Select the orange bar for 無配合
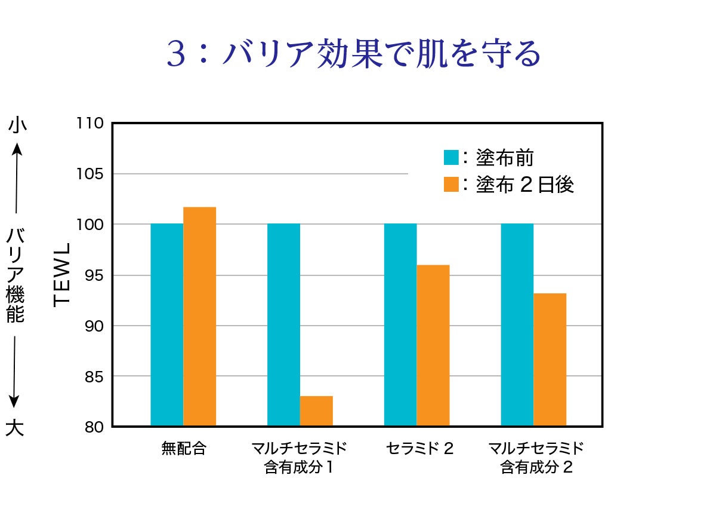pos(199,317)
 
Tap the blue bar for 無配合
pos(166,325)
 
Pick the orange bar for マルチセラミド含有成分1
pos(316,411)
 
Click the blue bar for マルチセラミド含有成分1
pos(283,325)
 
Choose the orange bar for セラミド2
pos(433,345)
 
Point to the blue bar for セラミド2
pos(400,325)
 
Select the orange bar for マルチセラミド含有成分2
pos(550,360)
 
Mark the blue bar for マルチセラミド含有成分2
pos(517,325)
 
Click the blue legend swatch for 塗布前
pos(451,158)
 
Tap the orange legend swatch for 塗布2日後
pos(451,185)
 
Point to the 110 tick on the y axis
pos(91,124)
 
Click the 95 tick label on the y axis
pos(94,275)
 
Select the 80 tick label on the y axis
pos(94,427)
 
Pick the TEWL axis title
pos(62,275)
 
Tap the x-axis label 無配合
pos(183,449)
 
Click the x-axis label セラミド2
pos(419,449)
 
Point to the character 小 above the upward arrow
pos(17,125)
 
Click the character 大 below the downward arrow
pos(15,428)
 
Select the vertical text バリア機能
pos(16,275)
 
